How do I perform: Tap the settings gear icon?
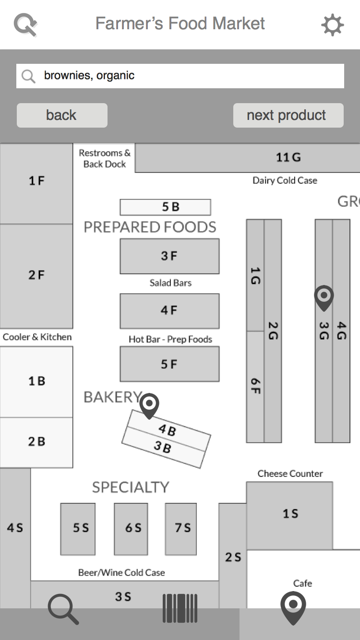[332, 24]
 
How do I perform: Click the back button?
[62, 115]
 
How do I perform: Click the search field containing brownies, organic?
[180, 76]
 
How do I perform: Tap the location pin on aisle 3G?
[324, 297]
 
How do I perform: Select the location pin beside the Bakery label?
[149, 405]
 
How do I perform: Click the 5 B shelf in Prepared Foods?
[165, 207]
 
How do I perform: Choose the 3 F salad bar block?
[169, 256]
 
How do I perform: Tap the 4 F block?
[169, 310]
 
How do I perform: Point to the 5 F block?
[169, 364]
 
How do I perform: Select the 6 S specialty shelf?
[133, 528]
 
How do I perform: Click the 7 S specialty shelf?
[181, 528]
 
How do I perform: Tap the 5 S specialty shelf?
[78, 528]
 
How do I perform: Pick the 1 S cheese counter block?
[289, 514]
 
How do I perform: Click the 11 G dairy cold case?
[288, 157]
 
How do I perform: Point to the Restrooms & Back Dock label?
[105, 158]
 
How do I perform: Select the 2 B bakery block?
[36, 442]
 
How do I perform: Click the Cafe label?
[302, 583]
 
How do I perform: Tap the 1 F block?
[36, 181]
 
